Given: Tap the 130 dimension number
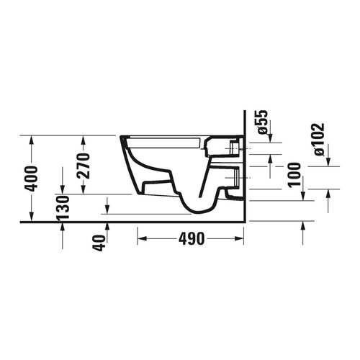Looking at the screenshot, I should pyautogui.click(x=63, y=208).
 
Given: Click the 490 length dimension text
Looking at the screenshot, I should pyautogui.click(x=191, y=238).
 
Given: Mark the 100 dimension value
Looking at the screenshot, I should pyautogui.click(x=293, y=175).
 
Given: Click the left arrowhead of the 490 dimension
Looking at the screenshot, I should pyautogui.click(x=140, y=238).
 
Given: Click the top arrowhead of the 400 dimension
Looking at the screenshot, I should pyautogui.click(x=30, y=139).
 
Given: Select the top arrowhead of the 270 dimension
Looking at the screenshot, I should pyautogui.click(x=84, y=139).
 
